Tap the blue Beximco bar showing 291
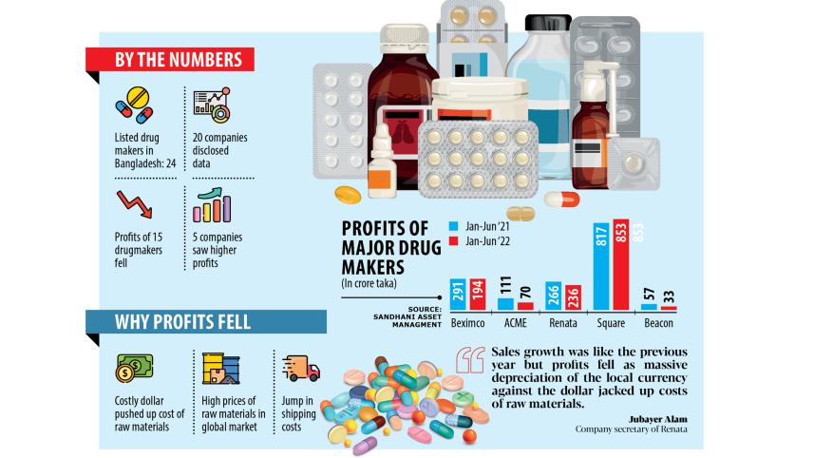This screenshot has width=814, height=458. point(458,296)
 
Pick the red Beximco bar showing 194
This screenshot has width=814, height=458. point(477,296)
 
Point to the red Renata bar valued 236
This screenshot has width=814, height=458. point(573,297)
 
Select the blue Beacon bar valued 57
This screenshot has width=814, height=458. point(649,306)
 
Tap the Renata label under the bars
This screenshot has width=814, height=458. point(561,323)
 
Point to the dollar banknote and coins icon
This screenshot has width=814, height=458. point(133,367)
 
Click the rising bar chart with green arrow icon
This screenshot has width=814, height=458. point(211,204)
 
